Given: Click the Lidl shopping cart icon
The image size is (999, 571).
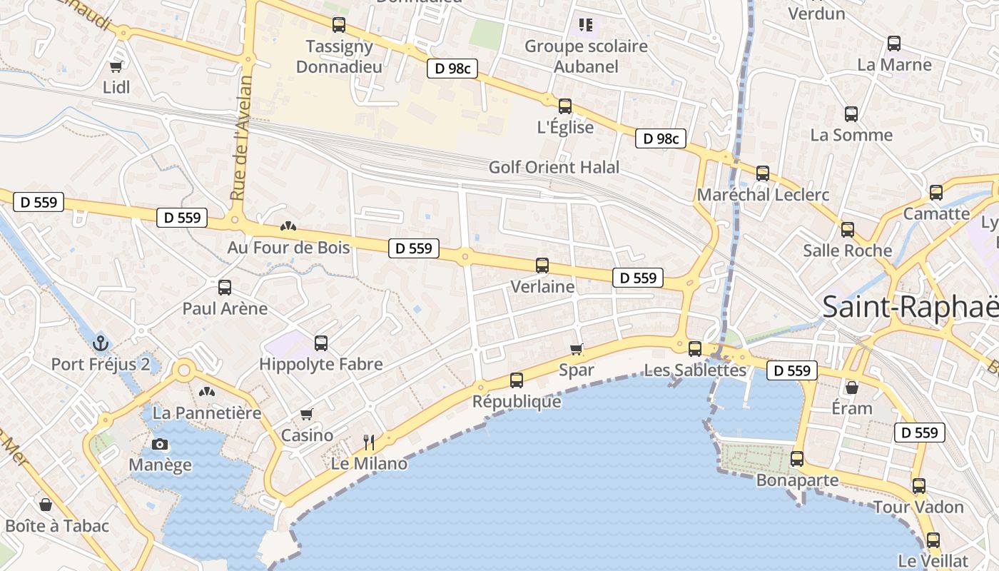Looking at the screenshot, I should (116, 66).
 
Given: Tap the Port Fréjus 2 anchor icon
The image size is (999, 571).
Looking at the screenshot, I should (100, 343).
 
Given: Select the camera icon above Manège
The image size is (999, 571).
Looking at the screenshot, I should (160, 444).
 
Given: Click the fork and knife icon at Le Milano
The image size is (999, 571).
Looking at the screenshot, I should (369, 443).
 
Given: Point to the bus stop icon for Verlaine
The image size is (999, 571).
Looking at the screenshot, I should (542, 266).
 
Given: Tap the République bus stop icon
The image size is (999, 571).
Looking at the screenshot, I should (517, 380).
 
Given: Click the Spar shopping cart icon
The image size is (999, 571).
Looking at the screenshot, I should (577, 349).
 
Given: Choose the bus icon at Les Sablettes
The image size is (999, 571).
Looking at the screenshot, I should (695, 349).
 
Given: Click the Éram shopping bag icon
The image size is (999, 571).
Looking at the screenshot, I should (851, 388).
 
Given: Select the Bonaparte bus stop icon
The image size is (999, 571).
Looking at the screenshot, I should (797, 459).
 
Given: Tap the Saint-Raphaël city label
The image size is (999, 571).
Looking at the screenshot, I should (910, 307).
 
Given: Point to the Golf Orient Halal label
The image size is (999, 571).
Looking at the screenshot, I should (554, 168).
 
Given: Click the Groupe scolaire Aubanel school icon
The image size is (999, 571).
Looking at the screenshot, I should (586, 26).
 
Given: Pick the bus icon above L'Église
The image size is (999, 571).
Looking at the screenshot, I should (565, 106).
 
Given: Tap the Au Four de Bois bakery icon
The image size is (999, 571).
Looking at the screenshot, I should (288, 226).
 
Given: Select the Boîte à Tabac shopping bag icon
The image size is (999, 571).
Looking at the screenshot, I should (46, 505).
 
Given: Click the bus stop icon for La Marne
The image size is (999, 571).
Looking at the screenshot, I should (894, 44).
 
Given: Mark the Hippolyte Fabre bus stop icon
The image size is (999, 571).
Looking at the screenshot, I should (321, 343).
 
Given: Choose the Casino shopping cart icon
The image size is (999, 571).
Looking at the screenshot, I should (307, 414).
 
